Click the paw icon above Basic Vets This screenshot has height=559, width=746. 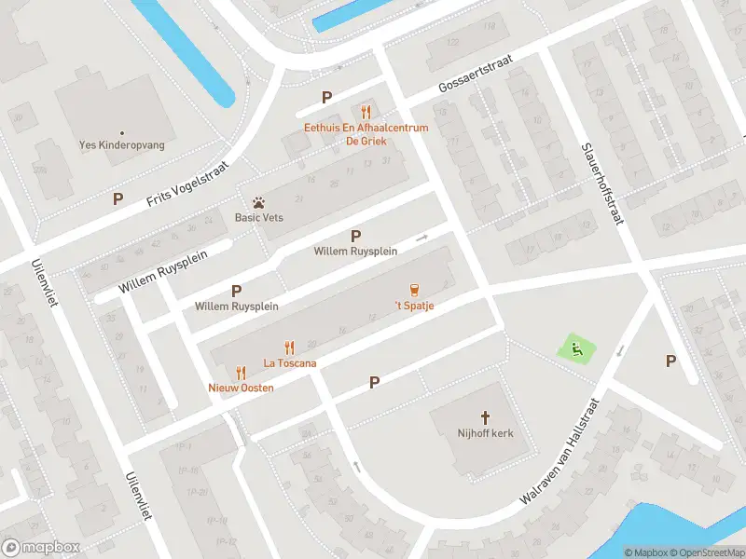click(x=258, y=202)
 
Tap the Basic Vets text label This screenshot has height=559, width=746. click(x=258, y=218)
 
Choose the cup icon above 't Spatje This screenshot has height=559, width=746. click(x=414, y=290)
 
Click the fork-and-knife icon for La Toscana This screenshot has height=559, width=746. click(x=289, y=348)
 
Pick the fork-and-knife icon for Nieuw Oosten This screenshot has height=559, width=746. click(x=241, y=372)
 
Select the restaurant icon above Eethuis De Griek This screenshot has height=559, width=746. click(x=366, y=112)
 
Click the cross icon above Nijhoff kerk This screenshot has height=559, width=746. click(x=485, y=417)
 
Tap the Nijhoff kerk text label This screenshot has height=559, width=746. click(x=485, y=433)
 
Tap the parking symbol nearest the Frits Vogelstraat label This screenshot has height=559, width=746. click(x=117, y=198)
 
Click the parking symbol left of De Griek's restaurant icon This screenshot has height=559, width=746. click(x=326, y=97)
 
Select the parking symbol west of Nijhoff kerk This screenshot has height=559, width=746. click(x=374, y=382)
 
